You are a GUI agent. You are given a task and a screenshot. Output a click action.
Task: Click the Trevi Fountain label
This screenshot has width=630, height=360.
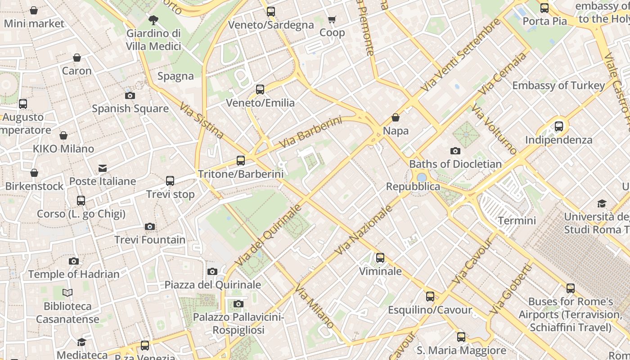point(150,240)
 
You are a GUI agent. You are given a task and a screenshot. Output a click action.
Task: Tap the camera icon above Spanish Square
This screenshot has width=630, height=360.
point(130,95)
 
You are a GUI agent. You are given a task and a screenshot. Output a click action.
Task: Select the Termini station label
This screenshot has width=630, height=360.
point(517,220)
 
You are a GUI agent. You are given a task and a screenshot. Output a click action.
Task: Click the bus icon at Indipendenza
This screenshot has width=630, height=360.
point(559,126)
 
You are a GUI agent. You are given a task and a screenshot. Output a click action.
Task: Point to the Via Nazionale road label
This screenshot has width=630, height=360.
point(364,230)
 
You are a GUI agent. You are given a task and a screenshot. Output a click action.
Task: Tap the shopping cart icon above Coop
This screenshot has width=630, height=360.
point(332,19)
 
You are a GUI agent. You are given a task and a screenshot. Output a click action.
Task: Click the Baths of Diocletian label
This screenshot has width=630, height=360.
point(455,164)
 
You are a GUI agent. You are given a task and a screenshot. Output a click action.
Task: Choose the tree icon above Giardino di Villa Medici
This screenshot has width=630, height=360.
point(153,20)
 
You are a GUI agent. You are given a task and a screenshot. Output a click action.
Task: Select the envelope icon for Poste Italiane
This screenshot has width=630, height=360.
point(103,168)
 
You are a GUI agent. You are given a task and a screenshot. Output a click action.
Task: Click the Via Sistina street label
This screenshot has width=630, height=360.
point(202,120)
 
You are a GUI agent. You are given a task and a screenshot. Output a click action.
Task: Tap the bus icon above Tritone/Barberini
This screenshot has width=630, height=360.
point(241,161)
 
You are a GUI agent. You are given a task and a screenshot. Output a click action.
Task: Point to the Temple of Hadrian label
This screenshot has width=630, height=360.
point(74,274)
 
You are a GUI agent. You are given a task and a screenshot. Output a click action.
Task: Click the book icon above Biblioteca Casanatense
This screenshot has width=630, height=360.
point(67,293)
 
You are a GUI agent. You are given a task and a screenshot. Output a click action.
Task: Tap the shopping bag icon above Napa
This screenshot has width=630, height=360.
point(396,117)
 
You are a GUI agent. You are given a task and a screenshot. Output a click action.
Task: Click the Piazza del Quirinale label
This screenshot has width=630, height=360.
point(212,284)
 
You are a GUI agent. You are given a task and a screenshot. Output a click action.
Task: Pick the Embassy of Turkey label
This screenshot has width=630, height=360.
point(558,85)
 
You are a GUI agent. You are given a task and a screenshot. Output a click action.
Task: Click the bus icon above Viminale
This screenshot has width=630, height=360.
point(380,258)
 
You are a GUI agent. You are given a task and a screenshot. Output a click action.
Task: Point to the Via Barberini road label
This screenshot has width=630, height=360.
point(310,132)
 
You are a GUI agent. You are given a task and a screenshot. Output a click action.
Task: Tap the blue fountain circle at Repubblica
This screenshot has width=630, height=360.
point(422,178)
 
